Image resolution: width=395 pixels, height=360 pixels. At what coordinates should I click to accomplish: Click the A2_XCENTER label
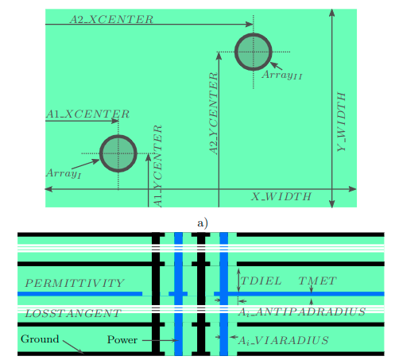[111, 19]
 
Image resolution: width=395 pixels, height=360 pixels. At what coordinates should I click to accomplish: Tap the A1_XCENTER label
[87, 114]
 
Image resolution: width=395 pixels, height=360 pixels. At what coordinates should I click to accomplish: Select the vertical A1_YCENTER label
[157, 166]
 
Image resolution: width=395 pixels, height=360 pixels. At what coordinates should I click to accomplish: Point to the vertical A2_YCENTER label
[213, 114]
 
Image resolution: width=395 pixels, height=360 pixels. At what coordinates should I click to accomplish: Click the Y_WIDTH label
[342, 122]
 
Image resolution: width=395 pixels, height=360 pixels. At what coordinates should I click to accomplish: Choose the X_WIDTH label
[281, 197]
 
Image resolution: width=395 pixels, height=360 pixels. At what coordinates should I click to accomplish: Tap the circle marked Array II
[254, 33]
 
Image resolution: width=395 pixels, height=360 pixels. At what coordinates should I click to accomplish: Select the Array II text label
[282, 75]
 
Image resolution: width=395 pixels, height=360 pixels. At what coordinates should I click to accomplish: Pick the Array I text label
[64, 173]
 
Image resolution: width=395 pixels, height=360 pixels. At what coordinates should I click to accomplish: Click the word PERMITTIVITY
[75, 283]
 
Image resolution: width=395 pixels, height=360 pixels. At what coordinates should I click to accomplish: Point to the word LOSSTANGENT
[73, 314]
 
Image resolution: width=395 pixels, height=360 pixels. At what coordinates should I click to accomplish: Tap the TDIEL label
[261, 281]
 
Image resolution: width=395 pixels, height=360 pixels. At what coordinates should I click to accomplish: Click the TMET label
[317, 281]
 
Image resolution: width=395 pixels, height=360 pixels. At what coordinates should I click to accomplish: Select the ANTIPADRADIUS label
[302, 312]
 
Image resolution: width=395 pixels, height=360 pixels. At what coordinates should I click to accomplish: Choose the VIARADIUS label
[284, 340]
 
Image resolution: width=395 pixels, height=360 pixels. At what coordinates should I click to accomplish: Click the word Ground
[40, 339]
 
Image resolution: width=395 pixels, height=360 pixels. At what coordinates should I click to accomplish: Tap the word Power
[122, 340]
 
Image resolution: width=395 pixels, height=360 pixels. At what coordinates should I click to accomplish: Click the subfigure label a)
[203, 223]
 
